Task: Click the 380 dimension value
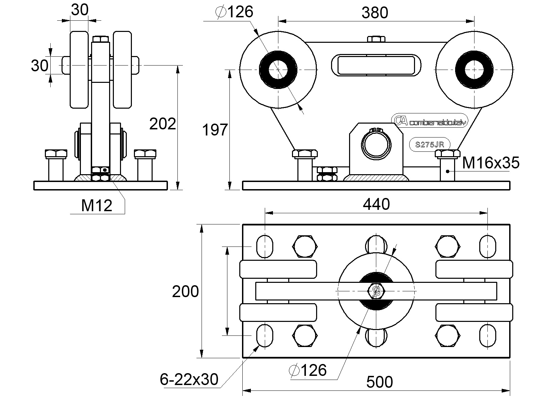375,13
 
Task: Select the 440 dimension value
376,204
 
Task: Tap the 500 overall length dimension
379,382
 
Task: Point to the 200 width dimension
185,292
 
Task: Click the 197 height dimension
215,130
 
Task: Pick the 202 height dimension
162,124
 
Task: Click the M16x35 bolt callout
490,163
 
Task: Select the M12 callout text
97,205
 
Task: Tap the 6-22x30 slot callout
189,379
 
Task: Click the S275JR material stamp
430,144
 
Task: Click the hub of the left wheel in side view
278,70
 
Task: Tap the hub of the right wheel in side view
474,70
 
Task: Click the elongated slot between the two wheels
376,64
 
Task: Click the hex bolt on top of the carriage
376,39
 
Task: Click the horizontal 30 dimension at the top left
79,10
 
